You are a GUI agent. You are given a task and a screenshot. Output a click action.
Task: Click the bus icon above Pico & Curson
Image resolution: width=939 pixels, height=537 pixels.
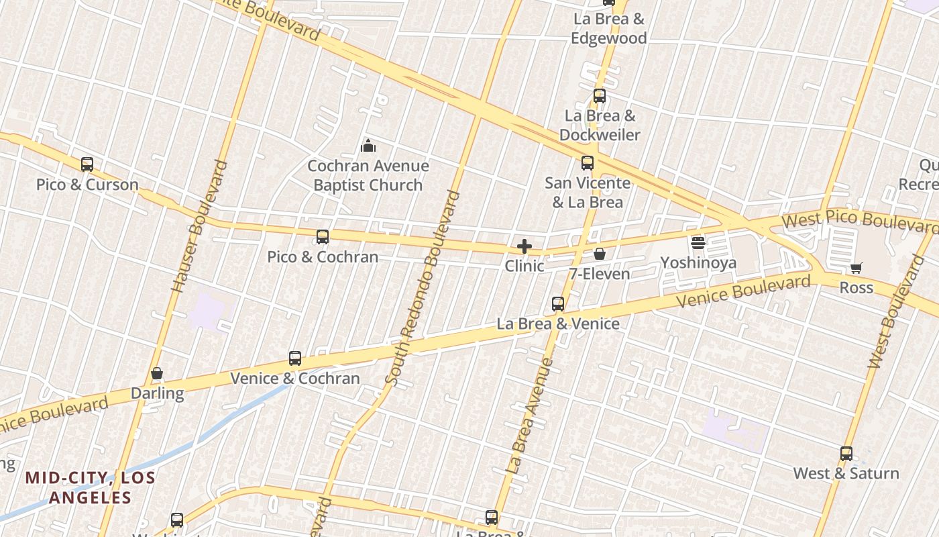coord(87,164)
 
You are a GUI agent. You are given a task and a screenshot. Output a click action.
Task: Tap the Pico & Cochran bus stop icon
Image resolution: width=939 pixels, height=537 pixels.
coord(323,236)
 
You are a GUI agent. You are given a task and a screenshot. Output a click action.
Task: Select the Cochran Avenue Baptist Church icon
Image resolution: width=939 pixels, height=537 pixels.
coord(368,145)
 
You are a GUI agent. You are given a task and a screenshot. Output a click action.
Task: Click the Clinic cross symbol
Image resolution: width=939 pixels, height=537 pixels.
coord(524,246)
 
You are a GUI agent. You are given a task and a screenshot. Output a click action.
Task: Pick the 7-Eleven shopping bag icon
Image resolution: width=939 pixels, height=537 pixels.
coord(600,254)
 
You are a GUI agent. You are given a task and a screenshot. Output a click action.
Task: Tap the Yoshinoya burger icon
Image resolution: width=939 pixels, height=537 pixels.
coord(698,242)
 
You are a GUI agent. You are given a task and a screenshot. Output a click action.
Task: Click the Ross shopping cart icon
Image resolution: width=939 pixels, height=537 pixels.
coord(856,268)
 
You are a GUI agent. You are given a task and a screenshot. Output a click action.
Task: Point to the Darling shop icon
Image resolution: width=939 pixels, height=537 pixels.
coord(157,373)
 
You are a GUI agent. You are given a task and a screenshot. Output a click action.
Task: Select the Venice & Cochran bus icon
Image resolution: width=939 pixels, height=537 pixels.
coord(295,358)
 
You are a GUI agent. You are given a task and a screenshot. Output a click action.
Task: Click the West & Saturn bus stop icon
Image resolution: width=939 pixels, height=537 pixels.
coord(846,454)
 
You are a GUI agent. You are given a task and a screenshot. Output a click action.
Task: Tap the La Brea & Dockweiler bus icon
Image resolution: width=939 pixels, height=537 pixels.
coord(600,96)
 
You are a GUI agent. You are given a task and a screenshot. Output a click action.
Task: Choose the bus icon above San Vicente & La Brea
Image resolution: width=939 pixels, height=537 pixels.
coord(588,162)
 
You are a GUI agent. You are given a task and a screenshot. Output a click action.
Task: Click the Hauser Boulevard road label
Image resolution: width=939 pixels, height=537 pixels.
coord(199,226)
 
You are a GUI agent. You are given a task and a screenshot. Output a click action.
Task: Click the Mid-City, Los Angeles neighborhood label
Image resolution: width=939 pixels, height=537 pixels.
coord(90,488)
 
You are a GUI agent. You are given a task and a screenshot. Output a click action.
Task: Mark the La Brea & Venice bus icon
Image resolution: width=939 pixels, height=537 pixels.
coord(558,304)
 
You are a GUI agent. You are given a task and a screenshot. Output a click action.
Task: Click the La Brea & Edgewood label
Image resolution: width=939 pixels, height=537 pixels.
coord(608,29)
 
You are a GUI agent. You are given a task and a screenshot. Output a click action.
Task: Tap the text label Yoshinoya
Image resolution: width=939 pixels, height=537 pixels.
coord(698,262)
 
